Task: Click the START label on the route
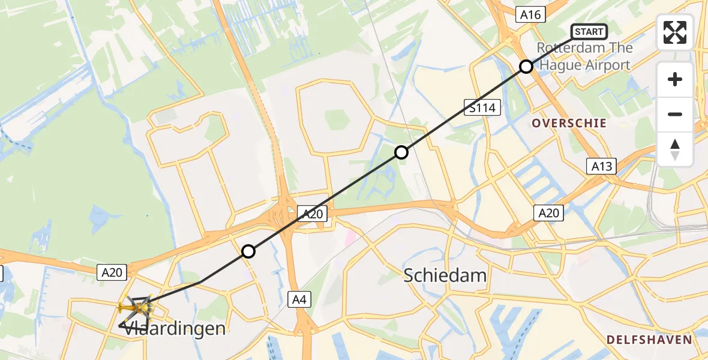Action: point(589,32)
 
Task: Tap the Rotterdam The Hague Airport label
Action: point(584,56)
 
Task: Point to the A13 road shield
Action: point(601,166)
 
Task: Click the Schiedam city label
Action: point(445,275)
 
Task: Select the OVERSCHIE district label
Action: point(569,124)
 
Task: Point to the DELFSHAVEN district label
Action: point(649,340)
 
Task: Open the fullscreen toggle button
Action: point(675,32)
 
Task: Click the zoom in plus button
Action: point(675,79)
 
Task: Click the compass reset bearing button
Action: point(675,149)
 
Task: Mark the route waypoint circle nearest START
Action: point(526,67)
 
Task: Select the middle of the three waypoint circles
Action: point(401,152)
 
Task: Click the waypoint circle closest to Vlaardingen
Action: point(248,251)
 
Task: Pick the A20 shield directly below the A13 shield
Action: point(548,212)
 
